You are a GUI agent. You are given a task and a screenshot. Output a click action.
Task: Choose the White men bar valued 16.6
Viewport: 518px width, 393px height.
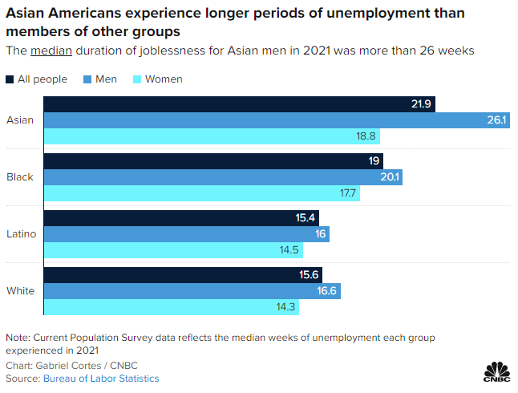[x=192, y=291]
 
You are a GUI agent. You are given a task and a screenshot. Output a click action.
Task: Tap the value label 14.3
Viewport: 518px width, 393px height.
[x=307, y=307]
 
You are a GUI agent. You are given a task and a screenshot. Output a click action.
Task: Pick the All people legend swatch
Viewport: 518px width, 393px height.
[x=10, y=79]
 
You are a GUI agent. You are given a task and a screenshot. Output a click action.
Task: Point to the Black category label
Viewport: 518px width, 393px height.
[x=20, y=176]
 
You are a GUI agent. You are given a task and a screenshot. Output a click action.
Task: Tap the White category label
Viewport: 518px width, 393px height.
[x=20, y=290]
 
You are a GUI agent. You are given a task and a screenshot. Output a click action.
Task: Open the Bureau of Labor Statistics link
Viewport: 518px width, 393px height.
[x=101, y=378]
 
